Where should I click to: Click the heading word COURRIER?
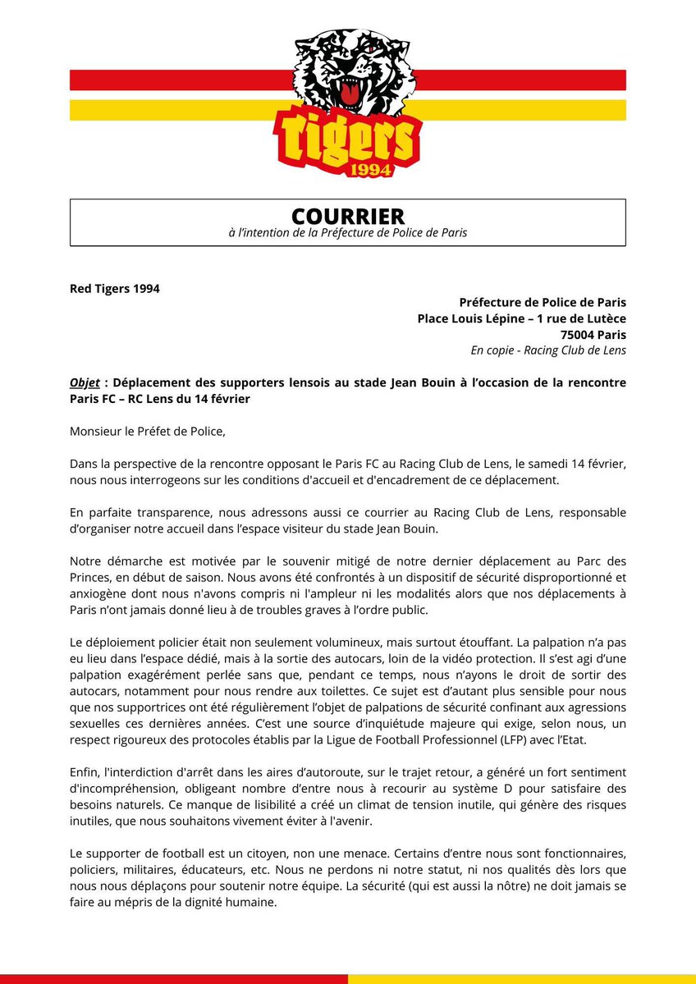tap(348, 216)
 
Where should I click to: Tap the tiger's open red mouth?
tap(351, 94)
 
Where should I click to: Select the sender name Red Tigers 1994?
tap(115, 289)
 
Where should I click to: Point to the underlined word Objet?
tap(85, 383)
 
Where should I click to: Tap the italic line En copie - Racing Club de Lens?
tap(547, 350)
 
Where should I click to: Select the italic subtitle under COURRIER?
tap(348, 233)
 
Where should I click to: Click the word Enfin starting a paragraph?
tap(86, 772)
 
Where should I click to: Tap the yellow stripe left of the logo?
tap(172, 110)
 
